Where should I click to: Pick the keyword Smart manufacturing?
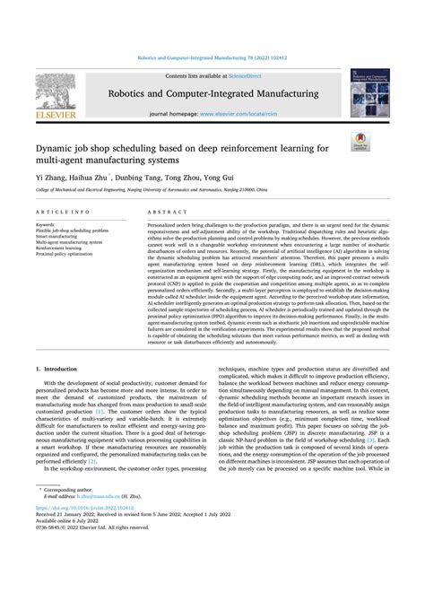[x=58, y=235]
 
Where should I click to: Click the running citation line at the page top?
[x=212, y=57]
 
